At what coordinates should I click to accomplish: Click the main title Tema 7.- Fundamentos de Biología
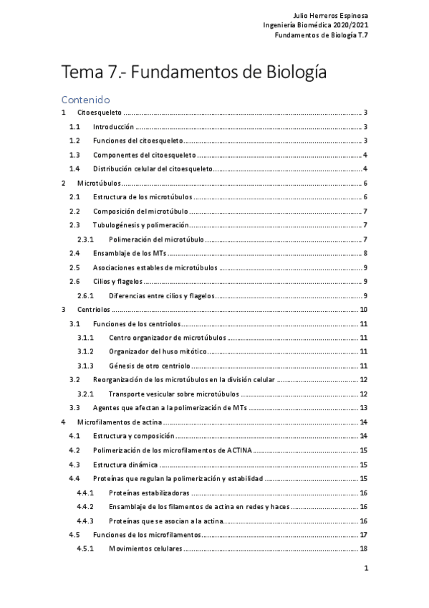tap(194, 72)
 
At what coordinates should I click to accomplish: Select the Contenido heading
tap(85, 100)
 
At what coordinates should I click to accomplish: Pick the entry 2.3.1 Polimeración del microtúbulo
tap(157, 239)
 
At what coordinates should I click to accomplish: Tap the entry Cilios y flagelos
tap(118, 281)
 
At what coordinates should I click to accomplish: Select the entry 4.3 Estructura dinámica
tap(125, 464)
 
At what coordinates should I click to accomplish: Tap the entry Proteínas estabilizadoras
tap(149, 493)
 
